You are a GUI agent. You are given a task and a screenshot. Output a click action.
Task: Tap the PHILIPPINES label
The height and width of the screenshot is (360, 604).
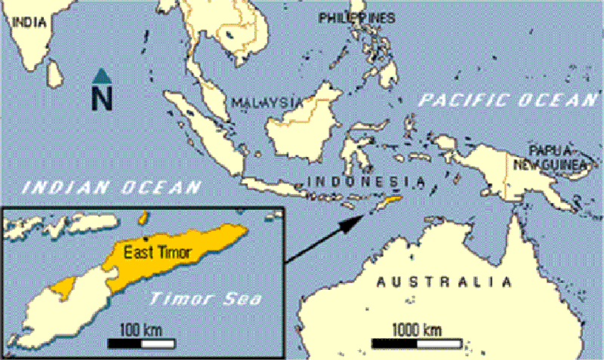coord(356,17)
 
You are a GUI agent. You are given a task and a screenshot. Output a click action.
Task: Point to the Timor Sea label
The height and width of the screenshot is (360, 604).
coord(205,299)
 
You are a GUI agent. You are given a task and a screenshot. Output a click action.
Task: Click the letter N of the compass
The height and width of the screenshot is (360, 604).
coord(103,97)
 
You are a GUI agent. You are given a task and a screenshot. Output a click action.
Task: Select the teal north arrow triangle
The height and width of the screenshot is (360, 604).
coord(103,75)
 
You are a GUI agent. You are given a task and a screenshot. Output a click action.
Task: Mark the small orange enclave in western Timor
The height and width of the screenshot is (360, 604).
coord(64,287)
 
